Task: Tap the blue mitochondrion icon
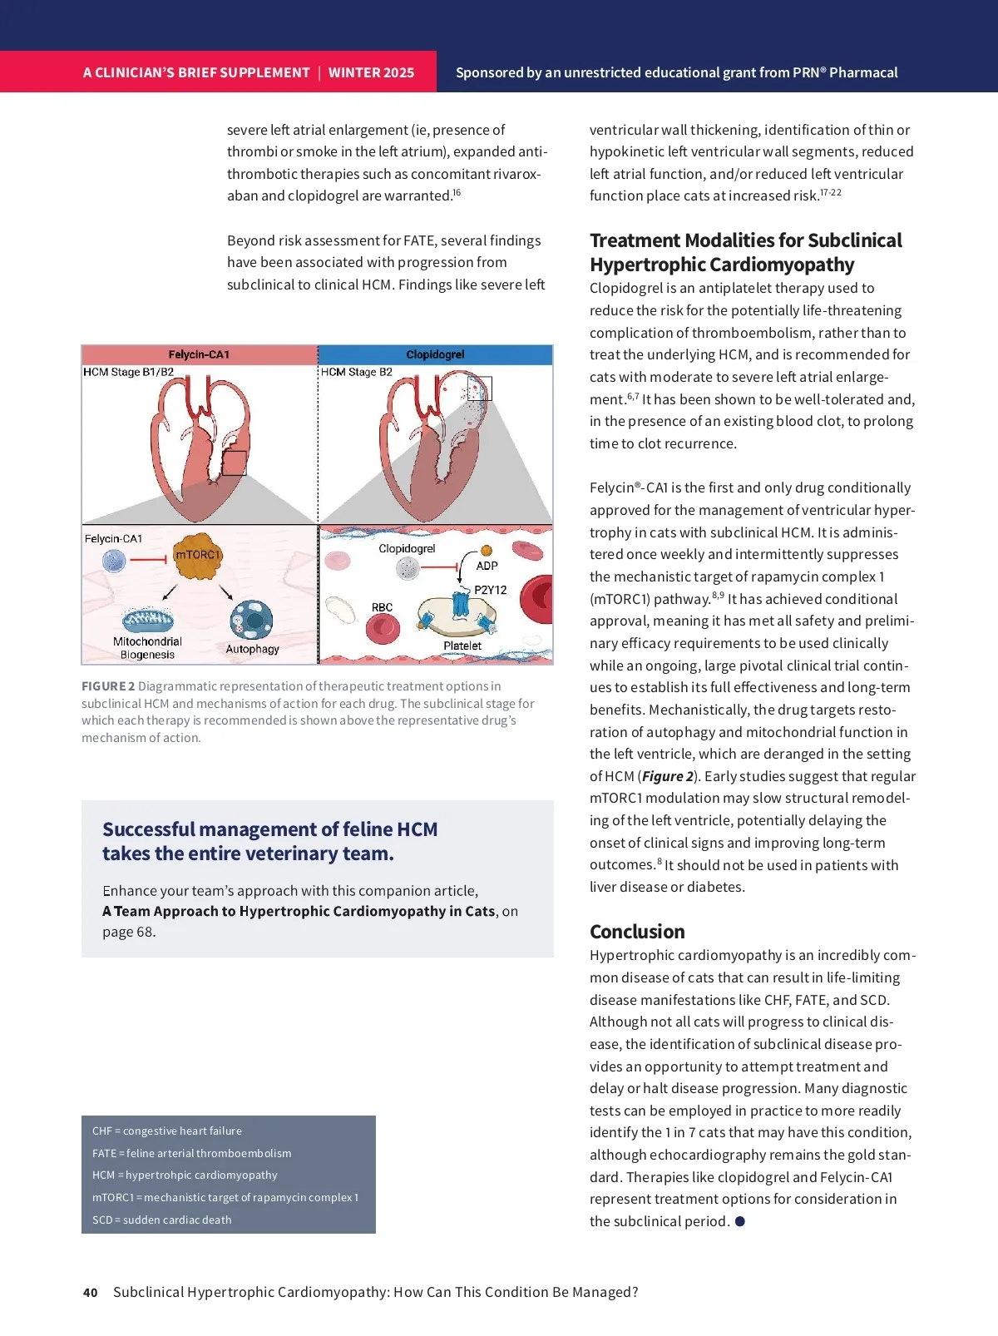pyautogui.click(x=147, y=620)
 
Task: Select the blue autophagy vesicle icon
pyautogui.click(x=251, y=621)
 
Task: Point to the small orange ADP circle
pyautogui.click(x=487, y=550)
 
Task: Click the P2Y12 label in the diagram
pyautogui.click(x=490, y=590)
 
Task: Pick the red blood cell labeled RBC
pyautogui.click(x=383, y=627)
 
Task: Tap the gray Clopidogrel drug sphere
pyautogui.click(x=408, y=568)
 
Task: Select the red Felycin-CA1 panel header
pyautogui.click(x=200, y=354)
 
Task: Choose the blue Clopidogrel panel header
pyautogui.click(x=435, y=354)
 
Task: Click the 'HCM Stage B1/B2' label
pyautogui.click(x=128, y=372)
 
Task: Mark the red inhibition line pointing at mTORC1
pyautogui.click(x=150, y=559)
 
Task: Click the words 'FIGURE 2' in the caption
pyautogui.click(x=108, y=686)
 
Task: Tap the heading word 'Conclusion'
pyautogui.click(x=637, y=932)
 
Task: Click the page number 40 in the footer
pyautogui.click(x=90, y=1293)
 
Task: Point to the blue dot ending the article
pyautogui.click(x=740, y=1221)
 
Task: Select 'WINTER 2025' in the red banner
pyautogui.click(x=371, y=72)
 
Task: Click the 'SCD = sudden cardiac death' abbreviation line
pyautogui.click(x=162, y=1220)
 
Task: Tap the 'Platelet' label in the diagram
pyautogui.click(x=462, y=646)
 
